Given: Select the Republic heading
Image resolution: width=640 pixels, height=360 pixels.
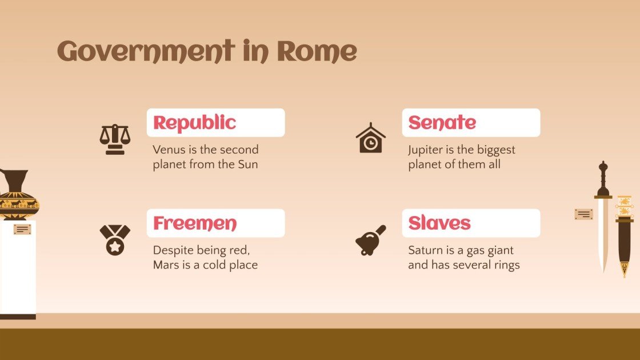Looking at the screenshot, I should [x=194, y=123].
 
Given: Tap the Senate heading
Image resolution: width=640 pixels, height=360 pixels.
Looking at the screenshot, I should [x=442, y=123].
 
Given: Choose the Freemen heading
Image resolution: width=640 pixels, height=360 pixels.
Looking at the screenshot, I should [x=194, y=223].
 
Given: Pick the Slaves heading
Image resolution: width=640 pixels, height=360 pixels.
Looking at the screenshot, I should [x=439, y=223].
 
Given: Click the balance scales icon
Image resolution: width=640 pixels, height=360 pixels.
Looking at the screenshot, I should [x=115, y=139].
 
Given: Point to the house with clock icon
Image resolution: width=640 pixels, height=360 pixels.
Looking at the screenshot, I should [x=370, y=138].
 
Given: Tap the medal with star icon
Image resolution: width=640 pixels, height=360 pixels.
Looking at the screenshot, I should [x=115, y=239].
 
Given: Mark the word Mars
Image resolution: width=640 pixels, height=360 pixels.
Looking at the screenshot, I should [x=166, y=265].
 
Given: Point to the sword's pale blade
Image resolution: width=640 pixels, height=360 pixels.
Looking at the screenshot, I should [x=602, y=234].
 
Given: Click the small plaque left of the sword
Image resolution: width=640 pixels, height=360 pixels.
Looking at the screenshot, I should [x=583, y=214].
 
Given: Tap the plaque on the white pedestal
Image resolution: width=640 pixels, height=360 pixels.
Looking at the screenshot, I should [x=22, y=230].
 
